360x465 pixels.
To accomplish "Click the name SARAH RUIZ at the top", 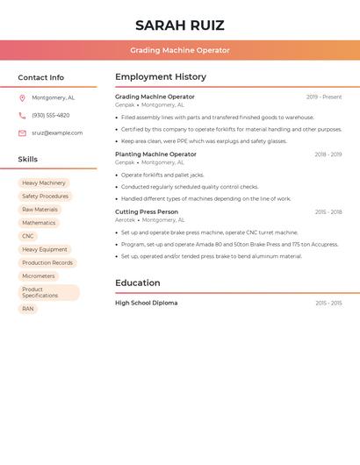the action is (180, 25).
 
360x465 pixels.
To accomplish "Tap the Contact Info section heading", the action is (40, 77).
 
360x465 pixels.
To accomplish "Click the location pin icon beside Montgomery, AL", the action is (22, 98).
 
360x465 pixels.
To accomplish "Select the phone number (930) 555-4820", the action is (50, 115).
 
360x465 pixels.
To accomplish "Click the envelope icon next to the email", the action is (22, 133).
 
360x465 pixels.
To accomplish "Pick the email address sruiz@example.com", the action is (57, 133).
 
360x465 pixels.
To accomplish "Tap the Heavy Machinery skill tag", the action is (44, 182).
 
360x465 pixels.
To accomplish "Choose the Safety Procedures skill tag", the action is (45, 197).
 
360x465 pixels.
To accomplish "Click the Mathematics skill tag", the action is (39, 223).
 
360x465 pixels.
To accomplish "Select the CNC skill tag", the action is (28, 236).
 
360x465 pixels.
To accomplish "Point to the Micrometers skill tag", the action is (39, 276).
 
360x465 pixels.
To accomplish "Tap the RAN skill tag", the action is (28, 309).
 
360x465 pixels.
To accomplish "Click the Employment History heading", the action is (161, 77).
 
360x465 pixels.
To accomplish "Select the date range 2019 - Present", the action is (324, 97).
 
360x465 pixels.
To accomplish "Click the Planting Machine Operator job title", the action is (155, 154).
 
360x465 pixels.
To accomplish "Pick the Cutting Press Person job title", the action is (147, 211).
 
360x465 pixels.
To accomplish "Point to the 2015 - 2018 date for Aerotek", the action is (328, 211).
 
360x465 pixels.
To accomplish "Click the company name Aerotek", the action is (125, 220).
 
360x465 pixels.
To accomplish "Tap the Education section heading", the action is (138, 283).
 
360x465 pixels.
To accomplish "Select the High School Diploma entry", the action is (146, 303).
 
